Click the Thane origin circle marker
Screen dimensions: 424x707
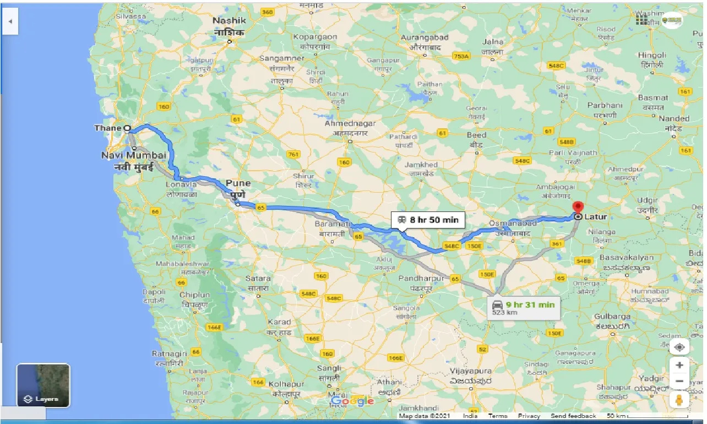127,128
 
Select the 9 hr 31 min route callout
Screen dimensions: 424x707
524,308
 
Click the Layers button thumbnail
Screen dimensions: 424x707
43,385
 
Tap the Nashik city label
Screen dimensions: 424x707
229,20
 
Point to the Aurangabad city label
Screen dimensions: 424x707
425,37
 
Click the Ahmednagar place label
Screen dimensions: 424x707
350,123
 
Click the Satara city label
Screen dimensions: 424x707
258,279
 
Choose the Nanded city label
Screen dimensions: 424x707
674,118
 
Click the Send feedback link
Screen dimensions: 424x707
573,416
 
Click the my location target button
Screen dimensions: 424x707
679,347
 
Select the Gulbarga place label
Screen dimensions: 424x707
612,317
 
